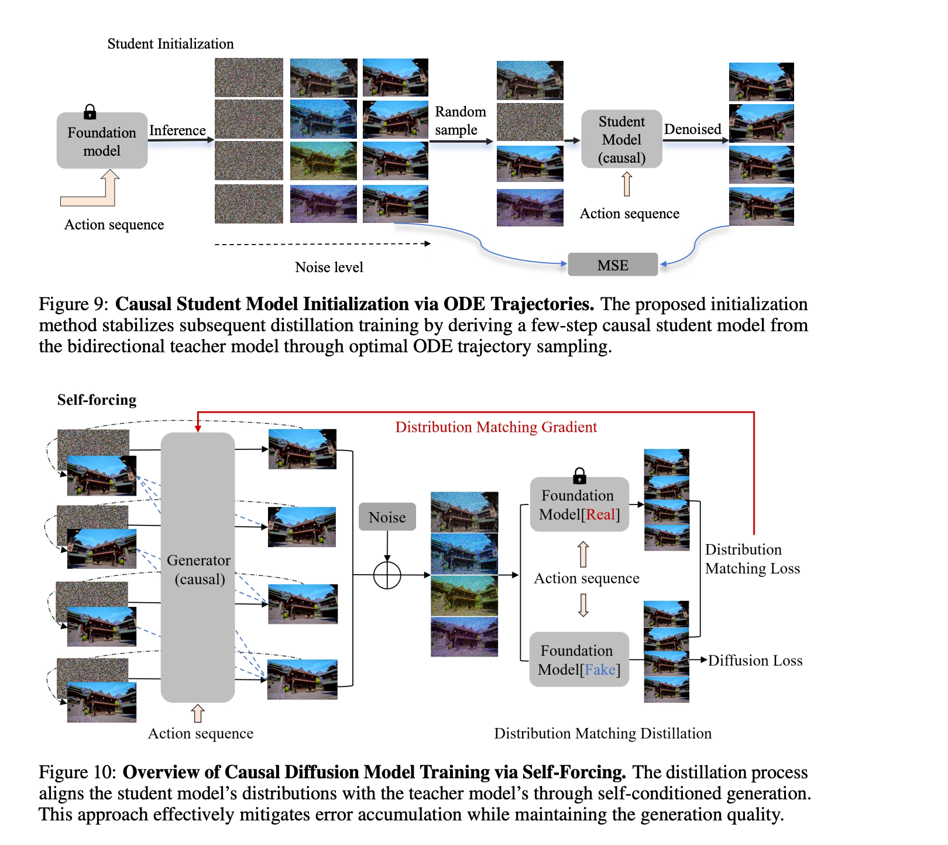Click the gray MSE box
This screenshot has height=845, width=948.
tap(613, 265)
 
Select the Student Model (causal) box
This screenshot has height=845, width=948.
tap(621, 139)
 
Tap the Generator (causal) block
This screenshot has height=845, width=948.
tap(198, 567)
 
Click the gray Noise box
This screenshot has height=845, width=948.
tap(387, 517)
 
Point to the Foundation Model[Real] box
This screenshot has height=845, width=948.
tap(579, 505)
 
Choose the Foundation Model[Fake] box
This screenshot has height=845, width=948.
tap(579, 659)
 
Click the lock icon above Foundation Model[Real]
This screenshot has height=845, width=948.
tap(579, 475)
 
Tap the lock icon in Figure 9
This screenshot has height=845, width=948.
tap(90, 111)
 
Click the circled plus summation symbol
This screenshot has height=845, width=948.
tap(387, 575)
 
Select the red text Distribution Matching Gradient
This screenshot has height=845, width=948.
tap(496, 427)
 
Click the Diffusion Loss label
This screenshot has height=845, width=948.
tap(755, 660)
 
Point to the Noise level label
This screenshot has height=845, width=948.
tap(329, 267)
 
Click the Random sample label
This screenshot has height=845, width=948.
tap(460, 121)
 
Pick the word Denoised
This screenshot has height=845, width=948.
tap(692, 129)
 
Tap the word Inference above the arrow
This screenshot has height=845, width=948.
tap(177, 130)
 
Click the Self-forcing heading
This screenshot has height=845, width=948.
tap(97, 400)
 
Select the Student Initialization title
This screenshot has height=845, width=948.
tap(170, 44)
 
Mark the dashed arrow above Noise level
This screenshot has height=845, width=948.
tap(322, 244)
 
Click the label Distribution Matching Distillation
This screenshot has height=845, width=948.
tap(603, 733)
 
